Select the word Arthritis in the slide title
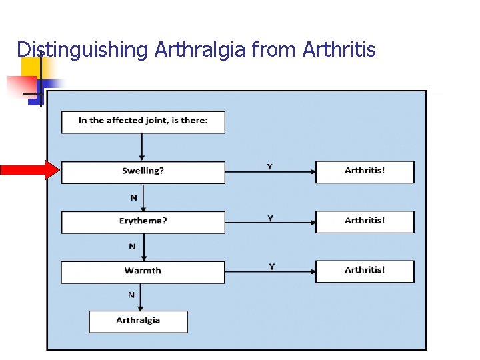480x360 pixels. tap(339, 49)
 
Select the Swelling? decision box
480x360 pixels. tap(143, 172)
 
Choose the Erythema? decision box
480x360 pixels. tap(143, 222)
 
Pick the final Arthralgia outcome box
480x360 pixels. tap(138, 321)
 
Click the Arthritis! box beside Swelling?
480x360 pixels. tap(364, 172)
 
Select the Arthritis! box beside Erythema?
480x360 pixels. tap(364, 221)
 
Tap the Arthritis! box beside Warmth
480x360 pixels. tap(364, 271)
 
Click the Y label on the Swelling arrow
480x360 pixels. tap(269, 166)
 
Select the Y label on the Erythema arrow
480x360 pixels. tap(271, 218)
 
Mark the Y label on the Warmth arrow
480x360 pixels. tap(271, 267)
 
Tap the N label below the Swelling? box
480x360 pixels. tap(133, 197)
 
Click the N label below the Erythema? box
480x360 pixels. tap(132, 247)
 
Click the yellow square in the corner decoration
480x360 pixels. tap(30, 67)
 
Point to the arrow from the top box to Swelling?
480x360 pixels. tap(142, 147)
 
